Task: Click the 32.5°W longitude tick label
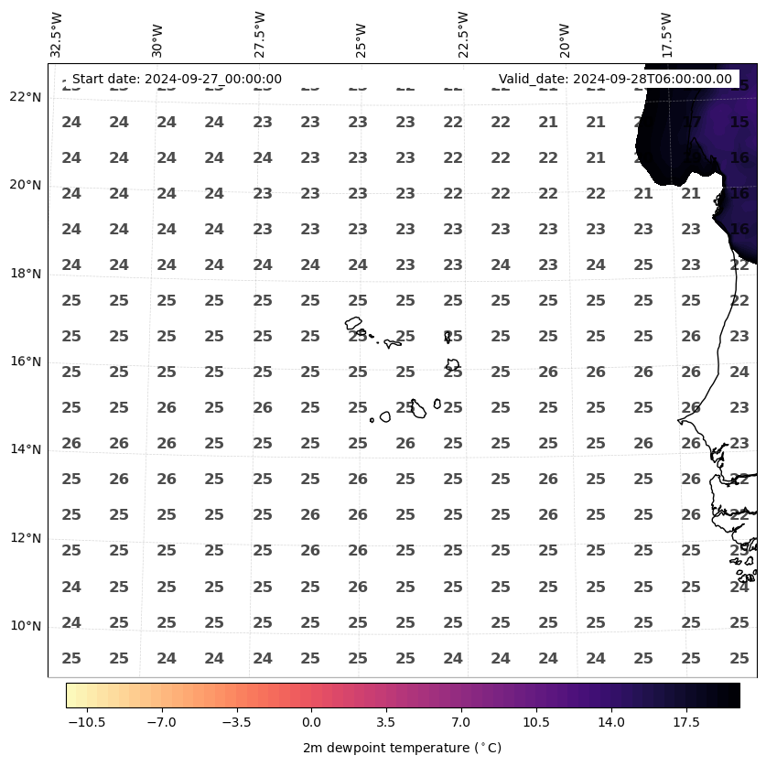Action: point(57,36)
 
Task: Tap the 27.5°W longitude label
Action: point(261,36)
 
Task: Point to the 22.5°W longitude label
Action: point(463,36)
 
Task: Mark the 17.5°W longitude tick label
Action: point(667,36)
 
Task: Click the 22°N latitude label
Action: point(26,97)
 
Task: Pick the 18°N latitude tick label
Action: point(26,274)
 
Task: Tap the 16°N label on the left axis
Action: point(26,361)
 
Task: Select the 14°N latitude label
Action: point(26,449)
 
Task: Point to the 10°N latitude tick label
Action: point(26,626)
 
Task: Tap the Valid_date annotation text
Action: point(615,80)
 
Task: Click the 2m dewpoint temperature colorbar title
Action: point(402,748)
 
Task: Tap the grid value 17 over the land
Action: point(691,122)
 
